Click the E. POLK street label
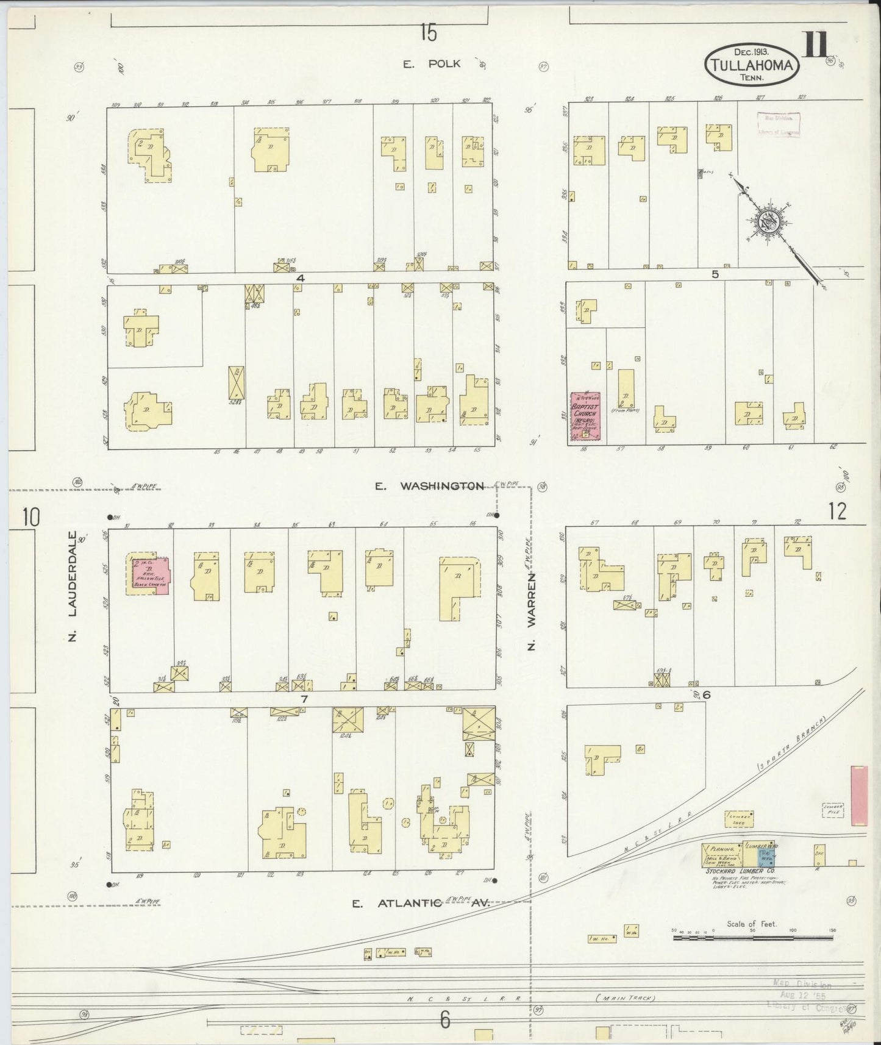coord(435,64)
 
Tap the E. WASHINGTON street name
coord(429,486)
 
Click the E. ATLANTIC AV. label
coord(421,904)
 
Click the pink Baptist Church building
coord(585,416)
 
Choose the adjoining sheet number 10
coord(30,517)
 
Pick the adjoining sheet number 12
coord(837,512)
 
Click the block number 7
coord(304,699)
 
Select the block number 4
coord(300,277)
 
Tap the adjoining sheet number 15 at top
coord(428,32)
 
